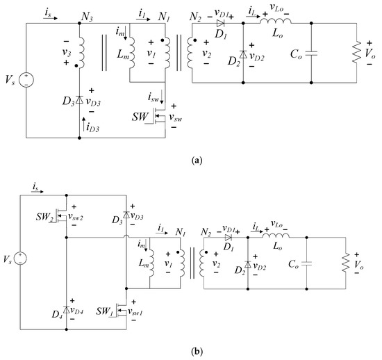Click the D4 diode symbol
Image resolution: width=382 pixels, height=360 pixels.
tap(66, 309)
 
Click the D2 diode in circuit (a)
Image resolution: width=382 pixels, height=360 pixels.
tap(243, 54)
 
